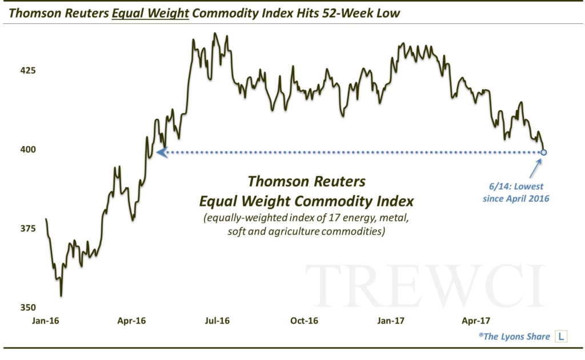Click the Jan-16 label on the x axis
[x=46, y=321]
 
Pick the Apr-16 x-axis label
[x=131, y=321]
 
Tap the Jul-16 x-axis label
[x=218, y=321]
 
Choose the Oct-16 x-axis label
[x=304, y=321]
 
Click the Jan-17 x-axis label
[x=391, y=321]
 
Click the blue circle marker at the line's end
[x=544, y=153]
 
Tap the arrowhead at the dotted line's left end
[x=162, y=153]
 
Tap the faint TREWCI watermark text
[x=425, y=286]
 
